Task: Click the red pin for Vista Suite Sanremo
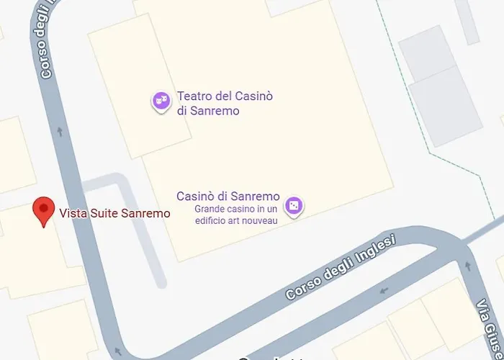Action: (45, 211)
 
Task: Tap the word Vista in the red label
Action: (71, 213)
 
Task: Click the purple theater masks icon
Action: (161, 101)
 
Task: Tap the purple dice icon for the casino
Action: (293, 206)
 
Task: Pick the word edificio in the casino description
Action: (213, 220)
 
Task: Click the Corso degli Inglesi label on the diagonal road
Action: (340, 267)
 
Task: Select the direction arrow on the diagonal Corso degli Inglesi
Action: (383, 291)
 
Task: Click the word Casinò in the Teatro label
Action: (245, 96)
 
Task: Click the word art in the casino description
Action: (239, 220)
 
